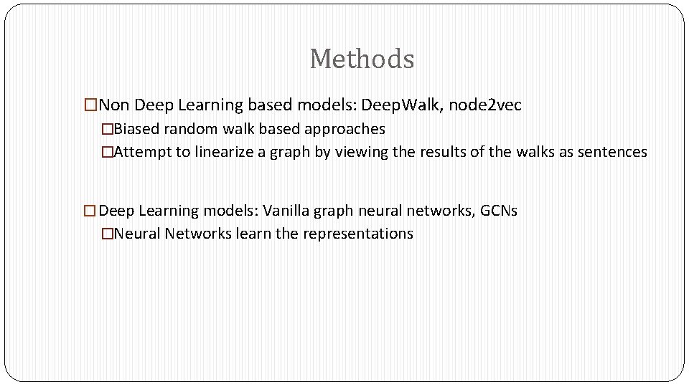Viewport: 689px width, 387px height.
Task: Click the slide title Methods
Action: click(x=362, y=59)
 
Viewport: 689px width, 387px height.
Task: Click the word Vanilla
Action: click(x=288, y=211)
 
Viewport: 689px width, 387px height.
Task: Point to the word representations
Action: click(x=358, y=234)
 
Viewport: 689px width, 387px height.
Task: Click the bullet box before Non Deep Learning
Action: click(x=90, y=105)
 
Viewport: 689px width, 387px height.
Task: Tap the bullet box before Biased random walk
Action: click(x=107, y=130)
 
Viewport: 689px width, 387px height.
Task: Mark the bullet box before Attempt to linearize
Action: click(x=107, y=152)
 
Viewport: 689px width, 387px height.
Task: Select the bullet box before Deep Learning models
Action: click(x=90, y=211)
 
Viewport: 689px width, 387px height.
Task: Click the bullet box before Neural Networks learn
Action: click(x=107, y=234)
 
